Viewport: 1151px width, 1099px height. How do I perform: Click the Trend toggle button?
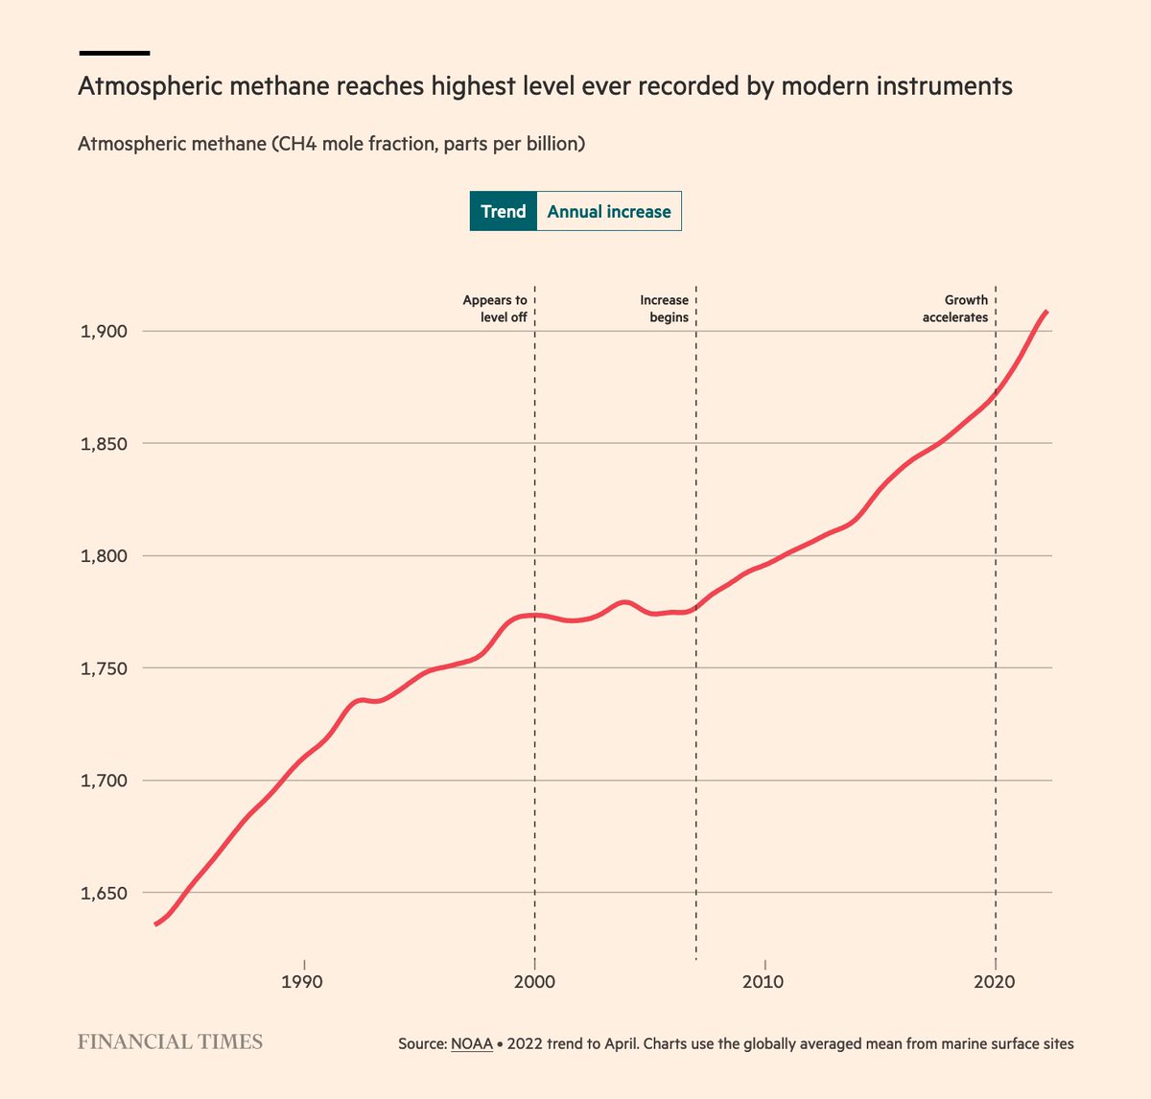click(503, 212)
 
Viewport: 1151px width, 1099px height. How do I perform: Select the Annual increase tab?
click(609, 212)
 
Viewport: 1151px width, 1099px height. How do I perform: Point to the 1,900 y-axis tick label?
click(105, 332)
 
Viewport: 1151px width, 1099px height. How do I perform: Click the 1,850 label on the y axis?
click(105, 444)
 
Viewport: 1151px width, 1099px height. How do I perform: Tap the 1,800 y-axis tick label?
click(105, 556)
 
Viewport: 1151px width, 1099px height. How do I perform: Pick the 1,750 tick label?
click(105, 668)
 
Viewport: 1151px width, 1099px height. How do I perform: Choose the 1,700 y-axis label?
click(105, 781)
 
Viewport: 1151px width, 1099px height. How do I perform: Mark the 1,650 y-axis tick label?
click(105, 893)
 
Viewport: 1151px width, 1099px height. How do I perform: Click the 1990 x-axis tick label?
click(302, 982)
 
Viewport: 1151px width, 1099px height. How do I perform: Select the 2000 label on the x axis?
click(533, 982)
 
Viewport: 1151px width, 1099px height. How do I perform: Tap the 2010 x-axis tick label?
click(763, 982)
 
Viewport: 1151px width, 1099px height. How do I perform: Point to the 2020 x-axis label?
click(995, 982)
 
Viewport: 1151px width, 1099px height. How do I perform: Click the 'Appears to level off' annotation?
click(495, 309)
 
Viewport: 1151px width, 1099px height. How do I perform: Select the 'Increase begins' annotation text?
click(664, 309)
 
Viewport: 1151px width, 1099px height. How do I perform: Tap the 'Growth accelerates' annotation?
click(955, 309)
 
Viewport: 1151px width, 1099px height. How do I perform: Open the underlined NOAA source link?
click(471, 1043)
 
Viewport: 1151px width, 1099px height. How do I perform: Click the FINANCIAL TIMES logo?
click(170, 1041)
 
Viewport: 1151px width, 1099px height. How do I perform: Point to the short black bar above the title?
click(114, 53)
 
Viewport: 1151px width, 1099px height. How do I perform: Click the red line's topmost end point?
click(1046, 312)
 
